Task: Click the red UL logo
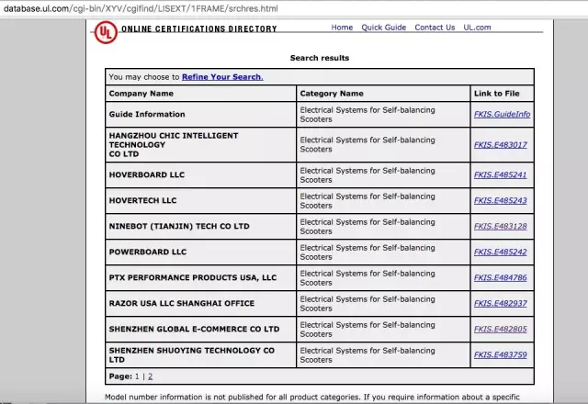click(106, 31)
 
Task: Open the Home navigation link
click(342, 28)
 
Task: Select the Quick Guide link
click(383, 28)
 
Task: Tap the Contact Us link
click(435, 28)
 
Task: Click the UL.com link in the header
click(477, 28)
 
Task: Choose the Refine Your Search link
click(222, 76)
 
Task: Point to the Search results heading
click(319, 58)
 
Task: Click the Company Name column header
click(141, 94)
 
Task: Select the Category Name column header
click(332, 94)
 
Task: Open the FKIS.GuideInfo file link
click(502, 115)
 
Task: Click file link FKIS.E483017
click(500, 145)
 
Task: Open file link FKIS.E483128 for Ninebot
click(500, 226)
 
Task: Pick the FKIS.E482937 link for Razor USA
click(500, 303)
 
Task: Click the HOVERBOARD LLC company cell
click(147, 174)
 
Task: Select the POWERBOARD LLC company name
click(147, 252)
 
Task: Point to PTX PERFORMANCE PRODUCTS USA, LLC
click(192, 277)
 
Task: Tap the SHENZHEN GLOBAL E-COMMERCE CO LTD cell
click(194, 329)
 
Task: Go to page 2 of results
click(150, 376)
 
